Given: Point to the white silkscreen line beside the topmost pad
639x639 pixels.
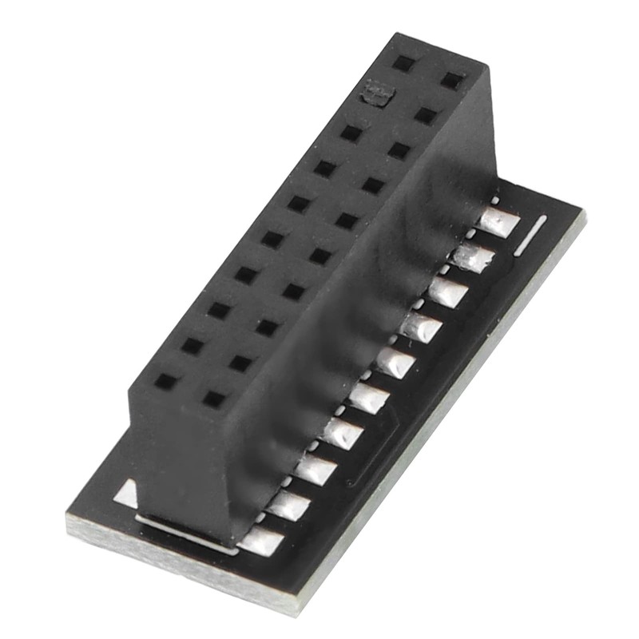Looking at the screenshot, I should [x=530, y=235].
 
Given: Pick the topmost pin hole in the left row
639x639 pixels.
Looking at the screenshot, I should [x=402, y=61].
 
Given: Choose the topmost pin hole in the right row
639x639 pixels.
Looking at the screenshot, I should [x=453, y=80].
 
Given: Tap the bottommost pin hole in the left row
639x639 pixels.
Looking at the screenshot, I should [x=166, y=381].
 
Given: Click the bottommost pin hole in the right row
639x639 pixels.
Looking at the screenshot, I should [x=213, y=398].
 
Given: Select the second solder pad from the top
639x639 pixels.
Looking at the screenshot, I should [x=472, y=258].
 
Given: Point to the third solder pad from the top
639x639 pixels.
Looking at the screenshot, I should [x=447, y=292].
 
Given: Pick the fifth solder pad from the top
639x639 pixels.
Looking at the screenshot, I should [x=395, y=363].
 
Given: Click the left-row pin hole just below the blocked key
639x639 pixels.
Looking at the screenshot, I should [x=351, y=133].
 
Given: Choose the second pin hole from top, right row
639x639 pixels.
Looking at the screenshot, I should [x=426, y=115].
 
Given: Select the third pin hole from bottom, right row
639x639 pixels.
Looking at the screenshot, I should [x=267, y=327].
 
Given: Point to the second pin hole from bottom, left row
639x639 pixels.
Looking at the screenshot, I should [x=192, y=346].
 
